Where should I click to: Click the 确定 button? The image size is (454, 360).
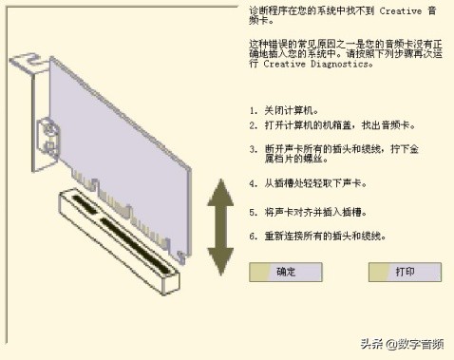tap(286, 272)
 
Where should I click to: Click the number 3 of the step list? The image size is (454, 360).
tap(253, 149)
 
